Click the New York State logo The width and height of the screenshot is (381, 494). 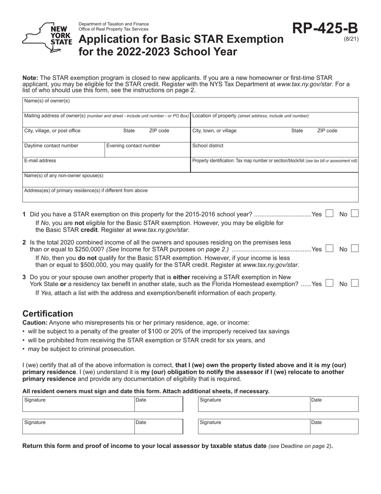(x=47, y=37)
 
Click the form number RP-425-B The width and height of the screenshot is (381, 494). (x=324, y=28)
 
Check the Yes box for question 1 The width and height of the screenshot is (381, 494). (x=329, y=214)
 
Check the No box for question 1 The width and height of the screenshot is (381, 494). (x=355, y=214)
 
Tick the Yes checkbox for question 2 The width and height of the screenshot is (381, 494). (x=329, y=249)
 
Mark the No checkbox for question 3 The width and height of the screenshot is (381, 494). (x=355, y=284)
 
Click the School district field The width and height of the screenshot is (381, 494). (x=274, y=149)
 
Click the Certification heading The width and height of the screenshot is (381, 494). (x=48, y=314)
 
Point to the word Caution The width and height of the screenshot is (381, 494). (x=34, y=323)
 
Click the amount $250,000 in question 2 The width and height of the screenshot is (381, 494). (x=90, y=249)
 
